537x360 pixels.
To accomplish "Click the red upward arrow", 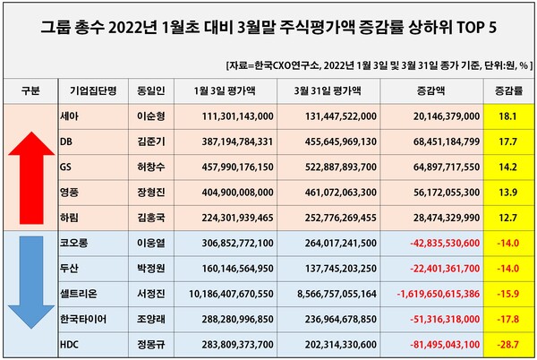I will tap(30, 166).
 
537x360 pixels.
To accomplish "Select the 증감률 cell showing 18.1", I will tap(510, 116).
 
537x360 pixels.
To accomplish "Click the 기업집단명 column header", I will tap(88, 91).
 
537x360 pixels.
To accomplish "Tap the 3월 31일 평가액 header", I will tap(334, 91).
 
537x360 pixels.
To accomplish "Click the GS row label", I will tap(66, 166).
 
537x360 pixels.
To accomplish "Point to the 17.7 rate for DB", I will tap(510, 141).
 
